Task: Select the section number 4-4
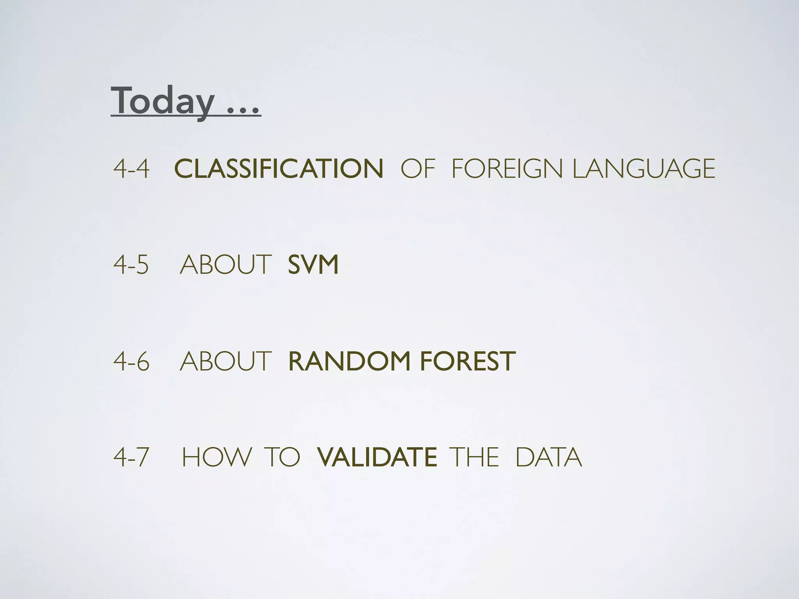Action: tap(131, 169)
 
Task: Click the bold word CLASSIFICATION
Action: tap(279, 169)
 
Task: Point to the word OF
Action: tap(417, 169)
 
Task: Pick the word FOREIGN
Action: tap(507, 169)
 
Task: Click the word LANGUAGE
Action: tap(644, 169)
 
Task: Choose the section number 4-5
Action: tap(131, 265)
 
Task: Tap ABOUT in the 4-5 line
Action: tap(225, 265)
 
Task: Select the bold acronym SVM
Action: tap(313, 265)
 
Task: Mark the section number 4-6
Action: tap(131, 361)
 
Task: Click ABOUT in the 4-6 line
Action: tap(225, 361)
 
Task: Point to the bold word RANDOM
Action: tap(350, 361)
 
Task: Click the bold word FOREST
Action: tap(468, 361)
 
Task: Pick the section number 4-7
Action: tap(131, 457)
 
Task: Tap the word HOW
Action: tap(217, 457)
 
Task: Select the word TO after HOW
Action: tap(282, 457)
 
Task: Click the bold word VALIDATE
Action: tap(377, 457)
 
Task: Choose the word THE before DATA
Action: tap(474, 457)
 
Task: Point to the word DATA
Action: tap(549, 457)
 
